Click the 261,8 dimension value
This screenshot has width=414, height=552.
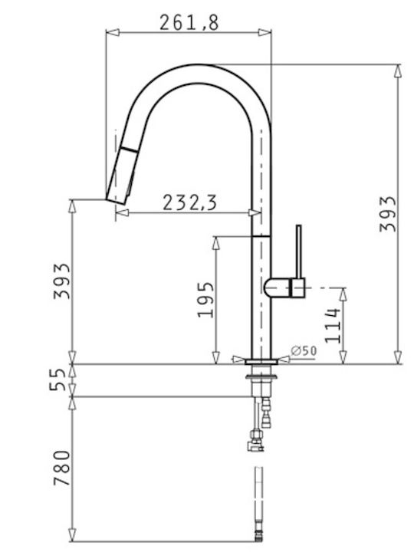point(189,22)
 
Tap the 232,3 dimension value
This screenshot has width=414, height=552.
point(189,203)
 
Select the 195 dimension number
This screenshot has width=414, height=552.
point(205,300)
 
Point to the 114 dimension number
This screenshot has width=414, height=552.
point(333,325)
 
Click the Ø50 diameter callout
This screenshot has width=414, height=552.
point(304,350)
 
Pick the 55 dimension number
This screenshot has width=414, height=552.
point(58,379)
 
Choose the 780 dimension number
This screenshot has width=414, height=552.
point(62,468)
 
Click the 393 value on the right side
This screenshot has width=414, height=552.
point(388,214)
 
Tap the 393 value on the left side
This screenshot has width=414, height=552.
point(62,281)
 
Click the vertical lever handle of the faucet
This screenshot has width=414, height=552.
point(299,251)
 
